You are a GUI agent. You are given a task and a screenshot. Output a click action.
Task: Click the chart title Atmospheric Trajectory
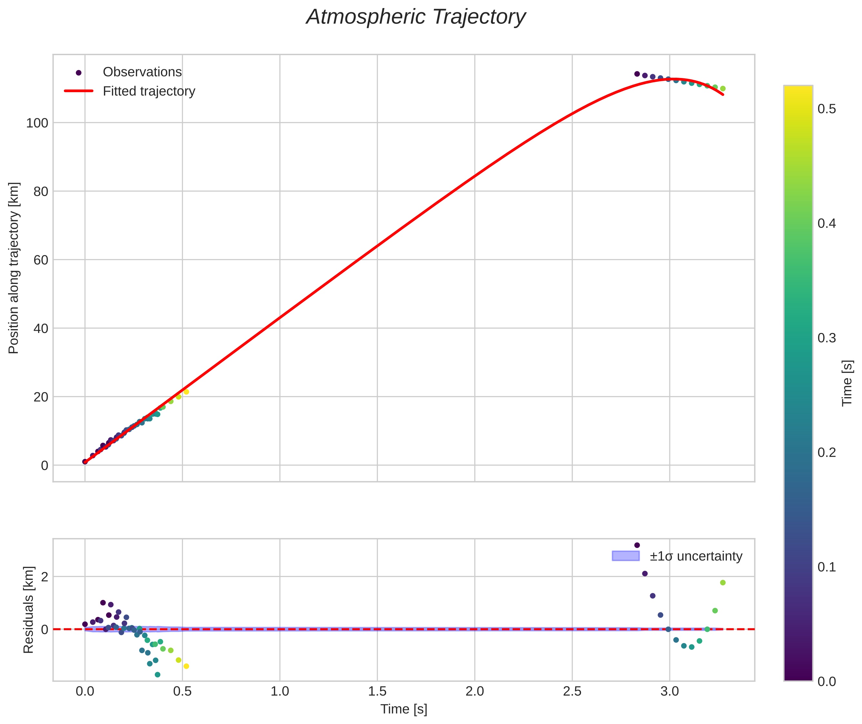click(416, 17)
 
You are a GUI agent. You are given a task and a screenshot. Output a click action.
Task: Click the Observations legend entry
click(142, 72)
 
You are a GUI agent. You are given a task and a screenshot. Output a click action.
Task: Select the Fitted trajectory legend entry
click(149, 91)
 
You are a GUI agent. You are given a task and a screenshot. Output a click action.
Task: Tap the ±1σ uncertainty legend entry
click(696, 556)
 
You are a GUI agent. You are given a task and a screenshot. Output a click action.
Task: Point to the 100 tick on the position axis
click(37, 123)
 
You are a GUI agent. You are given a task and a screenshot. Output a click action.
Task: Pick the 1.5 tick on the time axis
click(377, 691)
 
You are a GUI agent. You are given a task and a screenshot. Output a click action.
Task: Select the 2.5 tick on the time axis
click(572, 691)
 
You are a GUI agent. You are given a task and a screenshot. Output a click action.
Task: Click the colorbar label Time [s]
click(847, 383)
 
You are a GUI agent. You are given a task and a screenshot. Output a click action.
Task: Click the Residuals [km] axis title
click(28, 610)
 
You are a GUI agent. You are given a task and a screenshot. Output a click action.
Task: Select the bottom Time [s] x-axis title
click(404, 709)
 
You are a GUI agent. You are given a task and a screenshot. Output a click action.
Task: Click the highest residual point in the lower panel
click(637, 545)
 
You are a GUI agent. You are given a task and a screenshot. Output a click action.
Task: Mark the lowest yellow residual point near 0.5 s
click(186, 666)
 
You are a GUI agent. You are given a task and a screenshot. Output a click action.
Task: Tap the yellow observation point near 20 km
click(186, 392)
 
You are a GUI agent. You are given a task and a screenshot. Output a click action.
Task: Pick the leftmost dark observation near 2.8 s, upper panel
click(637, 74)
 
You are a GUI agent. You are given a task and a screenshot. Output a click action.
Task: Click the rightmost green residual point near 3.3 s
click(723, 582)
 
